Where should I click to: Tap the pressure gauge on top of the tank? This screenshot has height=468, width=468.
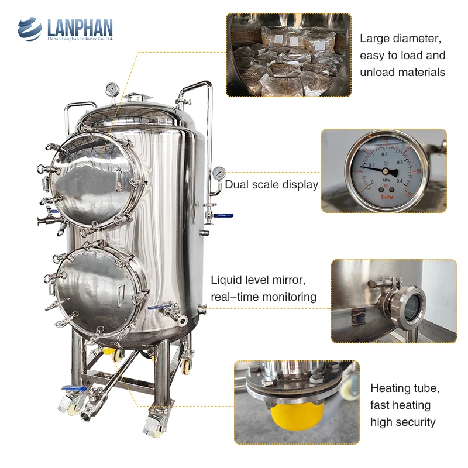(x=112, y=90)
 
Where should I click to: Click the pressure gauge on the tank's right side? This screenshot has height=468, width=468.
(x=219, y=173)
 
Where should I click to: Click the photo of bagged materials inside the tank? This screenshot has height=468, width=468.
(x=288, y=55)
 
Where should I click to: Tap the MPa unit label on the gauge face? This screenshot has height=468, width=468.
(x=386, y=180)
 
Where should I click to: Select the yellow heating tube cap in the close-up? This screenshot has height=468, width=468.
(x=295, y=415)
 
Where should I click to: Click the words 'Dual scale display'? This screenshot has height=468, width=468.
(x=271, y=185)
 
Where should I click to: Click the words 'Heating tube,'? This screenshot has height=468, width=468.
(x=405, y=388)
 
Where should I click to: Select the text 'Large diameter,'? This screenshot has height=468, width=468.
(x=400, y=39)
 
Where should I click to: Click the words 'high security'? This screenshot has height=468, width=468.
(x=403, y=422)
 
